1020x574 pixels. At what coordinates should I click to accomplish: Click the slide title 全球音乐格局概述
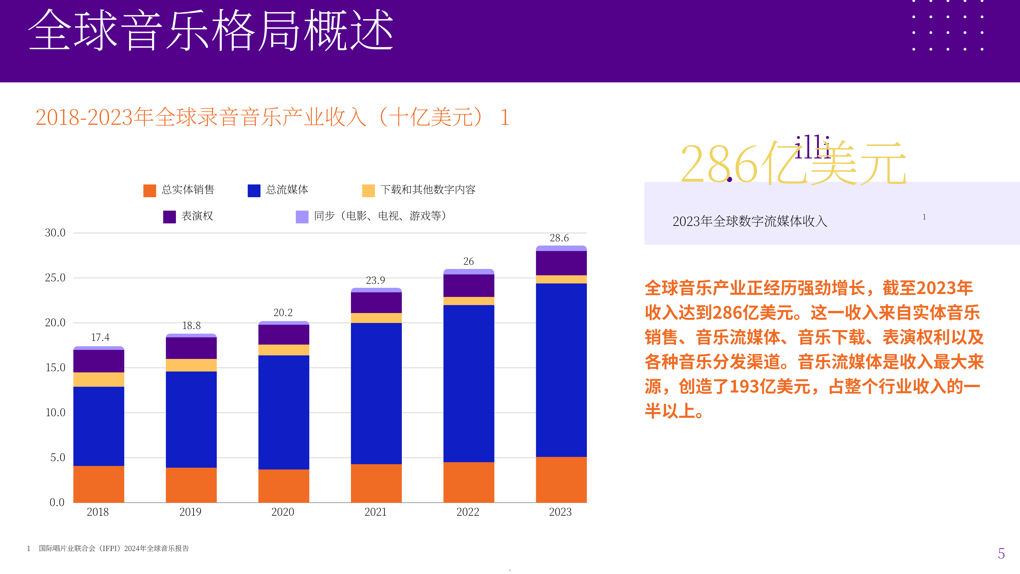click(x=211, y=31)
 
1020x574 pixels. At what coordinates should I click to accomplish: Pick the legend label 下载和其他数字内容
click(x=428, y=190)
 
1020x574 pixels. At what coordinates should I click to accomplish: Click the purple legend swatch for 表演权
click(x=169, y=217)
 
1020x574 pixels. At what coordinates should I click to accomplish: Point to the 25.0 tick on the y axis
click(x=55, y=278)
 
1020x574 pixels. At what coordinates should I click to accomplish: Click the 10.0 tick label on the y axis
click(x=55, y=412)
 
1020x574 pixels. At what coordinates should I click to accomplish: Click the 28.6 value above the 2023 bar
click(x=559, y=238)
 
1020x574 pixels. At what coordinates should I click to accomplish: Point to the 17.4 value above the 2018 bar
click(x=100, y=337)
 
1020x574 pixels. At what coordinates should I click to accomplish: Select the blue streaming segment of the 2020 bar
click(x=284, y=412)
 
